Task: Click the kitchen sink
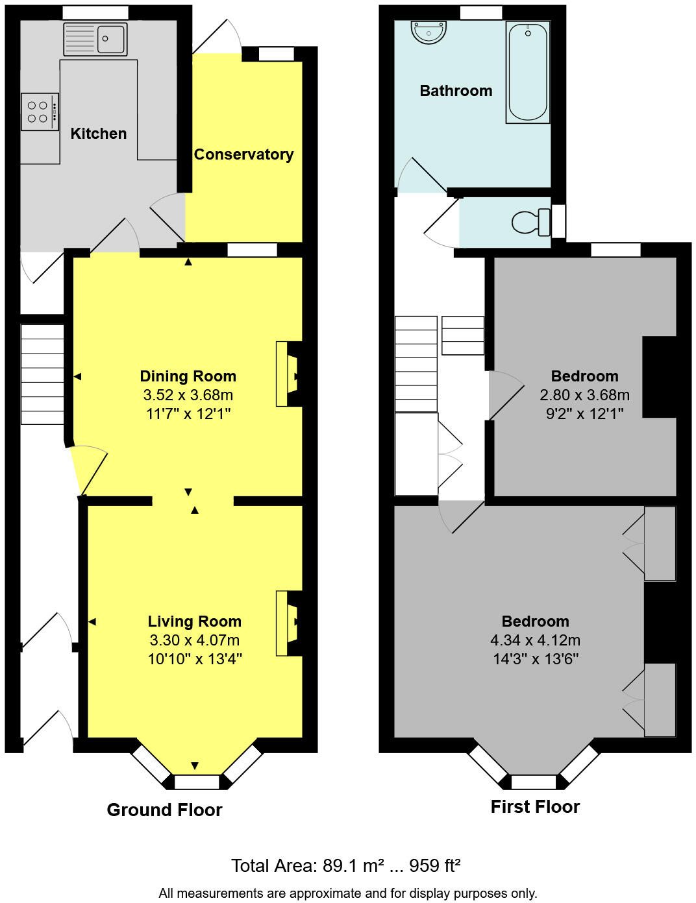[95, 39]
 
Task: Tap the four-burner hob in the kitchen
[39, 112]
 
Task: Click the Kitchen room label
[99, 134]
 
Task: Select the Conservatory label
[243, 154]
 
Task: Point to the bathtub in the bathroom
[528, 71]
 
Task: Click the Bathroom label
[456, 91]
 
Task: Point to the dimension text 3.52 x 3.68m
[188, 395]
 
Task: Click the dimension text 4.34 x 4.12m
[535, 640]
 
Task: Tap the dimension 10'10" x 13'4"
[195, 659]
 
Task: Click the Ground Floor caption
[164, 810]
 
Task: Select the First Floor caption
[535, 806]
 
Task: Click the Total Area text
[345, 865]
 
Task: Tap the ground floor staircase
[42, 374]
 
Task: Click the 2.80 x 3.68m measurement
[584, 395]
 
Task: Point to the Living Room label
[195, 621]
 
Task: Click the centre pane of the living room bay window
[197, 782]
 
